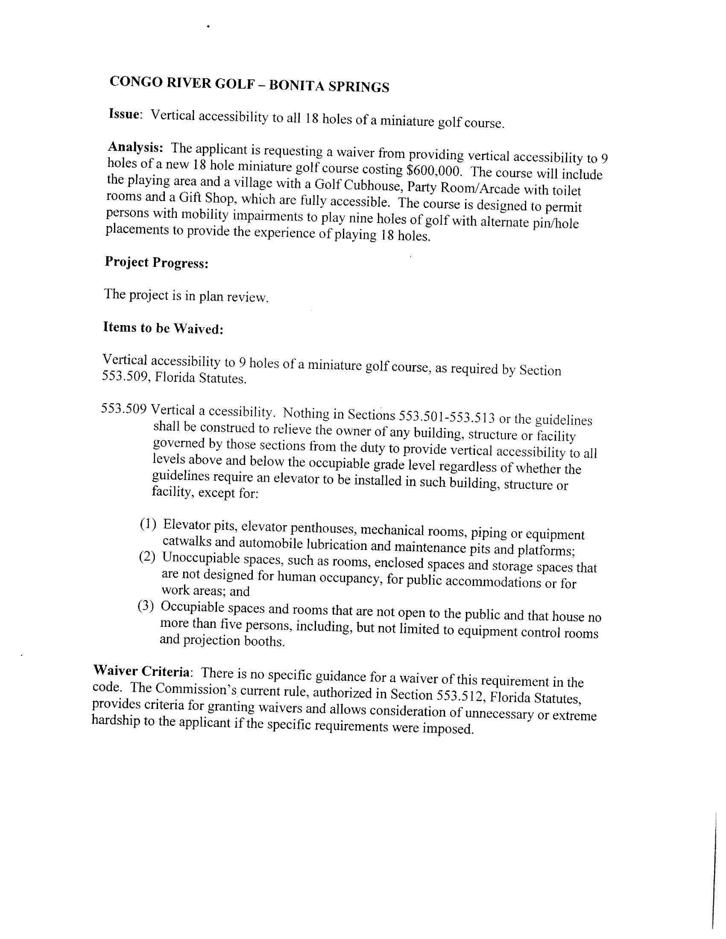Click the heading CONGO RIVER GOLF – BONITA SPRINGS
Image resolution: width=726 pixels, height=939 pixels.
(249, 84)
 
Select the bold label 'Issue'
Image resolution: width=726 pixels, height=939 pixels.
(124, 114)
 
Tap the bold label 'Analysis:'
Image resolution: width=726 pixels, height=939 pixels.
(135, 147)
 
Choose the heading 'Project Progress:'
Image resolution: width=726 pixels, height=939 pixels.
(157, 262)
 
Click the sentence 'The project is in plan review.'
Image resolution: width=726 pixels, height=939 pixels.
(186, 296)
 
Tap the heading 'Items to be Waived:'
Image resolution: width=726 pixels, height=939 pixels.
(163, 328)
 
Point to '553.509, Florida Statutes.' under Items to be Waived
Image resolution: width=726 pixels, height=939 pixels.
(174, 377)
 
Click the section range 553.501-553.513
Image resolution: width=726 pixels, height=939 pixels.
(447, 417)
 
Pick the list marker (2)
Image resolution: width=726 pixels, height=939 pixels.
(146, 557)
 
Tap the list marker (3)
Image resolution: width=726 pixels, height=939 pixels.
(145, 606)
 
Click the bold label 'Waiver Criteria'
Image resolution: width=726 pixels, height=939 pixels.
(141, 671)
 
